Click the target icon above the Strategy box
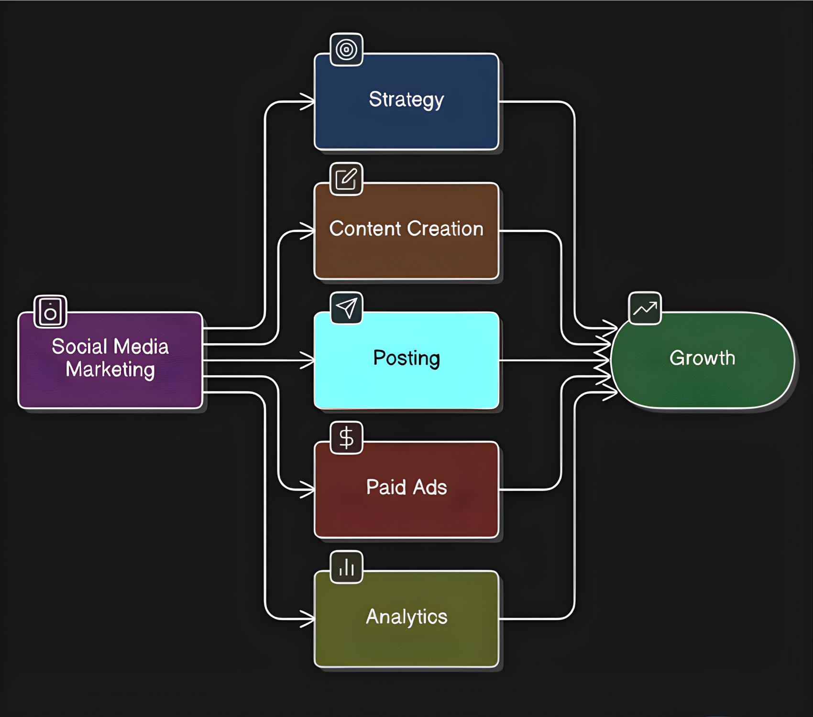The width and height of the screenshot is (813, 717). [x=346, y=49]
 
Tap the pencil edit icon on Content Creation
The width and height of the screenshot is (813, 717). [x=346, y=179]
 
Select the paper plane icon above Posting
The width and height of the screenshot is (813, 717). [x=346, y=308]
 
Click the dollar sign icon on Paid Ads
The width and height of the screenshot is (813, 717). [x=346, y=438]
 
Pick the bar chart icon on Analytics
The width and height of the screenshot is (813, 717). [x=346, y=567]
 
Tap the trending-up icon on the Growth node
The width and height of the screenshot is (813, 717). [x=645, y=309]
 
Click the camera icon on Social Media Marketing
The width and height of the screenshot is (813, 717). [x=50, y=312]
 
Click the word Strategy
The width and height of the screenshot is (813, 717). [x=406, y=99]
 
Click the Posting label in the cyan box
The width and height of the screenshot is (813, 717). [x=406, y=358]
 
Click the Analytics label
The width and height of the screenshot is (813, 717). [x=406, y=617]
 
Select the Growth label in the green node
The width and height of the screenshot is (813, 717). [x=702, y=358]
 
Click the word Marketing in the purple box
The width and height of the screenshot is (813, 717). [x=110, y=369]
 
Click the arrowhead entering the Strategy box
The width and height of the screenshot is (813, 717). [x=308, y=102]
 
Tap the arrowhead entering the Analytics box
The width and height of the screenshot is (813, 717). [x=308, y=619]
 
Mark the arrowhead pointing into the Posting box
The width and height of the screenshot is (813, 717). [x=308, y=360]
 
